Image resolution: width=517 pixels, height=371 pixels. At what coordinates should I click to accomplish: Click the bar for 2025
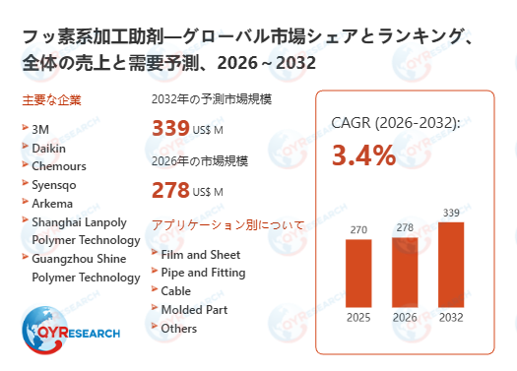[x=359, y=274]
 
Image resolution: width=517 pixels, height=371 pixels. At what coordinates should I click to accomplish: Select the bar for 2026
[x=405, y=272]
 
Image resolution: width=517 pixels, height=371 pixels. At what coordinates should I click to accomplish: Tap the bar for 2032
[x=450, y=265]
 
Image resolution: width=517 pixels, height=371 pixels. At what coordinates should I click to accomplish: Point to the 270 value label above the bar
[x=359, y=229]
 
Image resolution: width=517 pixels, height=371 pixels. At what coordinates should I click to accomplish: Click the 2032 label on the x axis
[x=450, y=318]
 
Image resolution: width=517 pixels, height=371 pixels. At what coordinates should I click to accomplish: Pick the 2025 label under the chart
[x=359, y=318]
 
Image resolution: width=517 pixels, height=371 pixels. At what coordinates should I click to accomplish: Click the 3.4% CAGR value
[x=363, y=155]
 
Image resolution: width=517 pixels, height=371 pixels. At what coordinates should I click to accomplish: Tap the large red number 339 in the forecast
[x=170, y=129]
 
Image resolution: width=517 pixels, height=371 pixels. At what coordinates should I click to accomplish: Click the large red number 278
[x=170, y=190]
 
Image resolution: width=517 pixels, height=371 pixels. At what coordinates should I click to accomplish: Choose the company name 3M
[x=40, y=128]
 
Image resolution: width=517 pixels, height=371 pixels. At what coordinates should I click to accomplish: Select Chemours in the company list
[x=59, y=165]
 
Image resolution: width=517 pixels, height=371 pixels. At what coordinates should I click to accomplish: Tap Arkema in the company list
[x=53, y=203]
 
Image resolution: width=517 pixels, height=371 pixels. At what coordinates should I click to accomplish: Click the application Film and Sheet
[x=200, y=254]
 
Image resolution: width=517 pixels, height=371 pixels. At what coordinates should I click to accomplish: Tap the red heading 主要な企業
[x=50, y=99]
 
